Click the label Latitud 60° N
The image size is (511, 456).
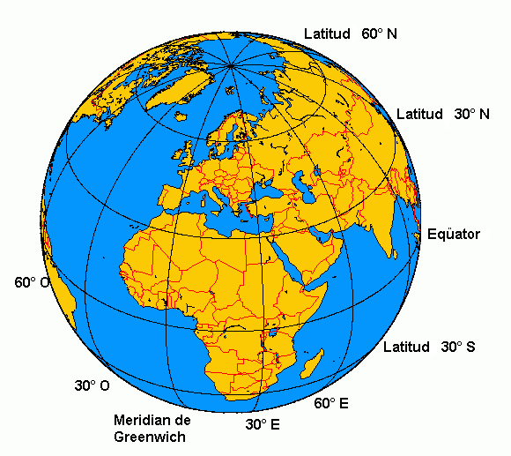click(350, 34)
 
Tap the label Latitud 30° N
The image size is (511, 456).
click(442, 115)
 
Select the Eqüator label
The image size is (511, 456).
click(453, 234)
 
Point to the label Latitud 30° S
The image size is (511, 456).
click(429, 347)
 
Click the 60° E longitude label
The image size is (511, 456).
click(331, 404)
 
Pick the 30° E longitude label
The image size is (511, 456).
click(263, 424)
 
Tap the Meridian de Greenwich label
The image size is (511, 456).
click(152, 427)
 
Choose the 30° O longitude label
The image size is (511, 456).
click(92, 386)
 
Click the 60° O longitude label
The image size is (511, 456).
click(32, 283)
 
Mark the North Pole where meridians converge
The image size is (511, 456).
click(231, 64)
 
